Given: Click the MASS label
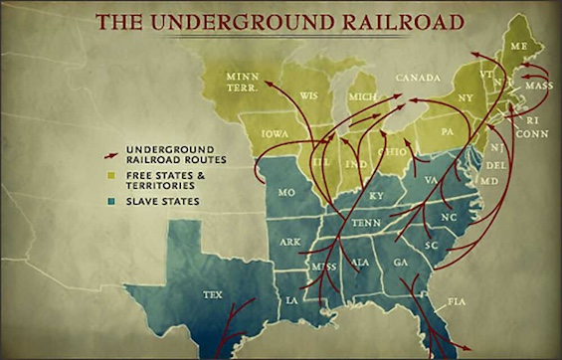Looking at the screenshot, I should point(539,86).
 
